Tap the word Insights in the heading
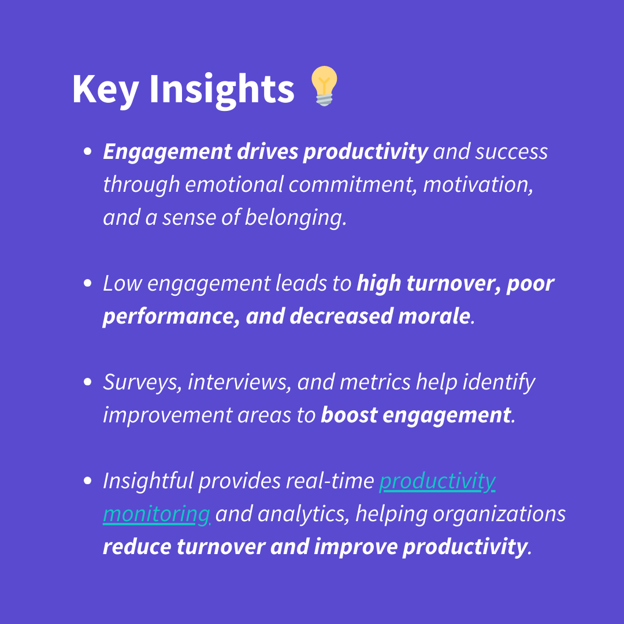click(222, 90)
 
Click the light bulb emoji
click(324, 86)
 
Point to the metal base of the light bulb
click(324, 99)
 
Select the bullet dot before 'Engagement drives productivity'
click(88, 151)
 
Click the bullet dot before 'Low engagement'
click(88, 283)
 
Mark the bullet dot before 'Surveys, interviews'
click(88, 382)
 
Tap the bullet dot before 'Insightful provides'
click(88, 480)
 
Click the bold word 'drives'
click(268, 151)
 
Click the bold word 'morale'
click(434, 316)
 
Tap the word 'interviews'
click(237, 382)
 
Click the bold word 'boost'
click(349, 415)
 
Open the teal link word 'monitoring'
click(157, 514)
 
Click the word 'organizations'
click(499, 514)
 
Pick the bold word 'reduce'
click(137, 547)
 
